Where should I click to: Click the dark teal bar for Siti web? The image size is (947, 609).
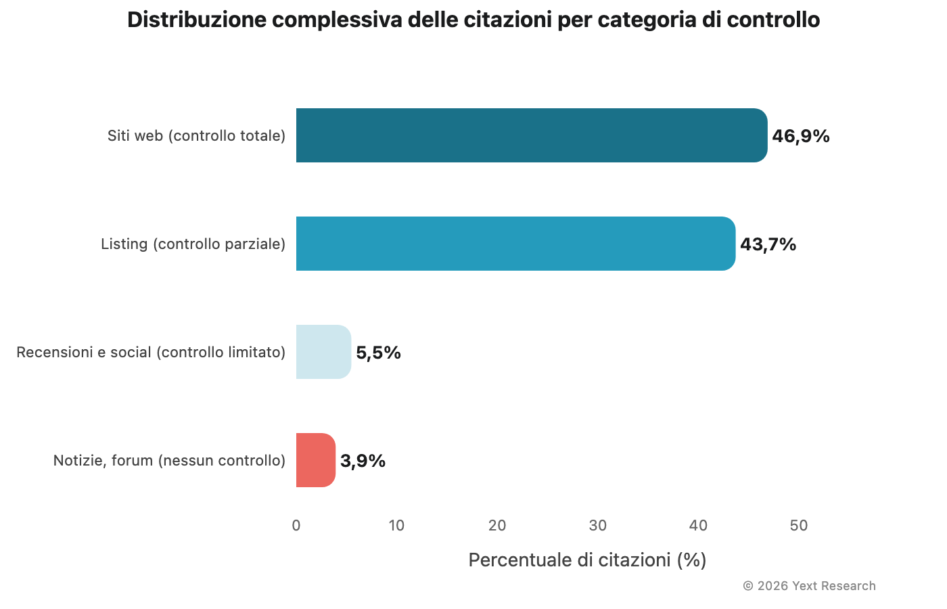pos(532,135)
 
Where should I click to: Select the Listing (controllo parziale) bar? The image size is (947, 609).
pos(515,244)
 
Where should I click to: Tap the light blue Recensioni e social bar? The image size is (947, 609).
pos(323,352)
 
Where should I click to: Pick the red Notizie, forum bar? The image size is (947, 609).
pos(315,460)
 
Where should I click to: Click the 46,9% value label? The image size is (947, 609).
pos(801,136)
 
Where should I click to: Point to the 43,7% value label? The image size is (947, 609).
pos(768,244)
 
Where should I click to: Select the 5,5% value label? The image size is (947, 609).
pos(378,353)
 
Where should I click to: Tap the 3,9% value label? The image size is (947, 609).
pos(363,461)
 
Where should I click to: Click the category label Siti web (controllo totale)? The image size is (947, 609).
pos(196,136)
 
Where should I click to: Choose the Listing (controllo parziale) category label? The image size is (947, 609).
pos(193,244)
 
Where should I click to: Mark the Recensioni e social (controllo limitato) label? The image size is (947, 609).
pos(151,353)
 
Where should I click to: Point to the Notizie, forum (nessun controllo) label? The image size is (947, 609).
pos(169,461)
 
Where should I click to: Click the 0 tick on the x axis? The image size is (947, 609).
pos(296,526)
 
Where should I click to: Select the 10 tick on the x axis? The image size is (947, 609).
pos(396,526)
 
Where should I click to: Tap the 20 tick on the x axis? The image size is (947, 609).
pos(497,526)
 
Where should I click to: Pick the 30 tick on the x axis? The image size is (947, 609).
pos(598,526)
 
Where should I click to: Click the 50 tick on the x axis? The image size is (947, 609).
pos(799,526)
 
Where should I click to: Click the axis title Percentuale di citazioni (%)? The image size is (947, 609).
pos(587,560)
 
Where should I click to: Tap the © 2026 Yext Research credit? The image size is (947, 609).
pos(809,586)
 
